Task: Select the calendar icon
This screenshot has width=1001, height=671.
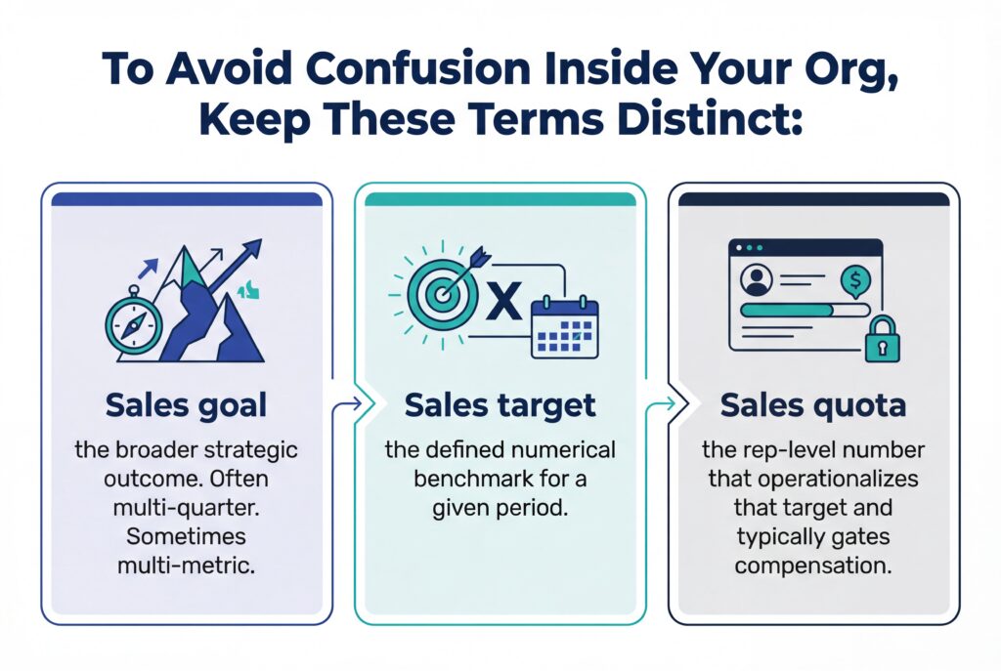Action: [x=565, y=327]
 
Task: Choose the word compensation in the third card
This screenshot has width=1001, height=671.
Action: [x=813, y=566]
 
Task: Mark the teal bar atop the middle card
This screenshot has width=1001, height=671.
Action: [x=500, y=199]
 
